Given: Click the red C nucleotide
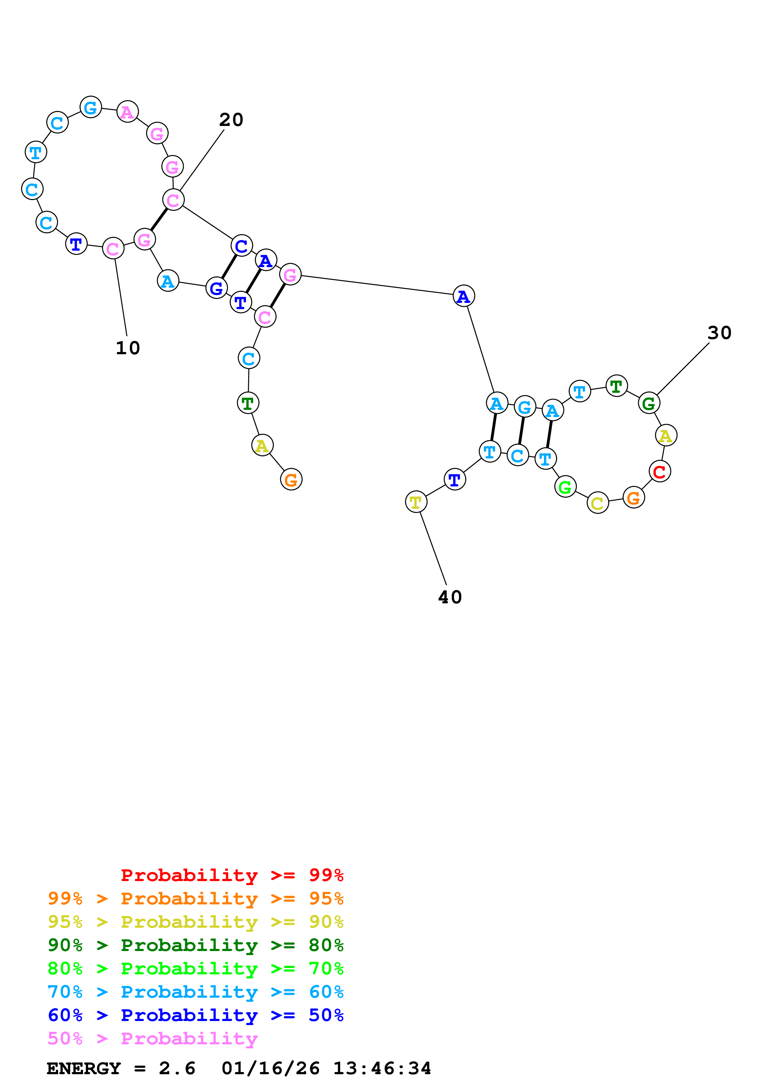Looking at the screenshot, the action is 659,471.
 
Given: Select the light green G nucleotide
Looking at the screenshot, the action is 565,487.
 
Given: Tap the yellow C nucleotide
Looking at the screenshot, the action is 597,503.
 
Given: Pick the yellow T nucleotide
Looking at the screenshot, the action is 416,502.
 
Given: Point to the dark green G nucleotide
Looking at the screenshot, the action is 648,403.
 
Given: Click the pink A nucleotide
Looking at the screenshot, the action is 127,112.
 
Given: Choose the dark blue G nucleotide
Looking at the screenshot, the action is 216,288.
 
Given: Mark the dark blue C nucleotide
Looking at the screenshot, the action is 241,246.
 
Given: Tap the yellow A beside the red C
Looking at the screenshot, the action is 666,435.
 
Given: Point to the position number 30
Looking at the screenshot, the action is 719,333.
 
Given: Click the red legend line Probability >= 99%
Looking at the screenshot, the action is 232,875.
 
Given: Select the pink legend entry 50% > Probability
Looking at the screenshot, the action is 152,1039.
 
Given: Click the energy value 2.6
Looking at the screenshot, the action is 177,1069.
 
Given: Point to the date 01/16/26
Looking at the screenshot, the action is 271,1069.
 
